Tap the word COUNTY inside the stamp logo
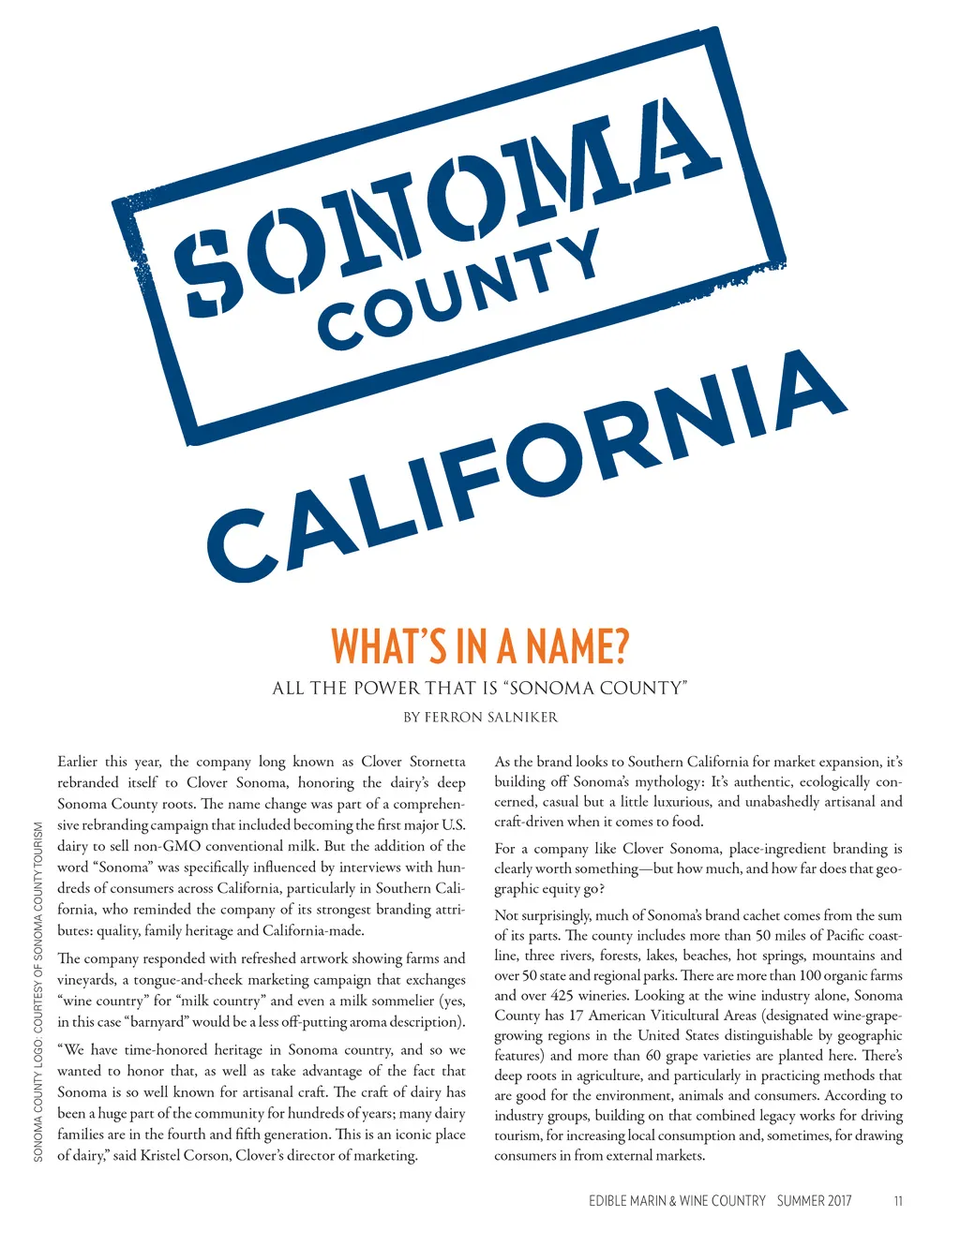point(459,289)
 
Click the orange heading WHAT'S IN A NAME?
point(479,645)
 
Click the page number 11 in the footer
point(898,1201)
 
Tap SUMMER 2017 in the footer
point(814,1201)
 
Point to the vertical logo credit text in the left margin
point(38,992)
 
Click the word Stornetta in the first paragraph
point(437,762)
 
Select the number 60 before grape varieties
point(652,1056)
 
